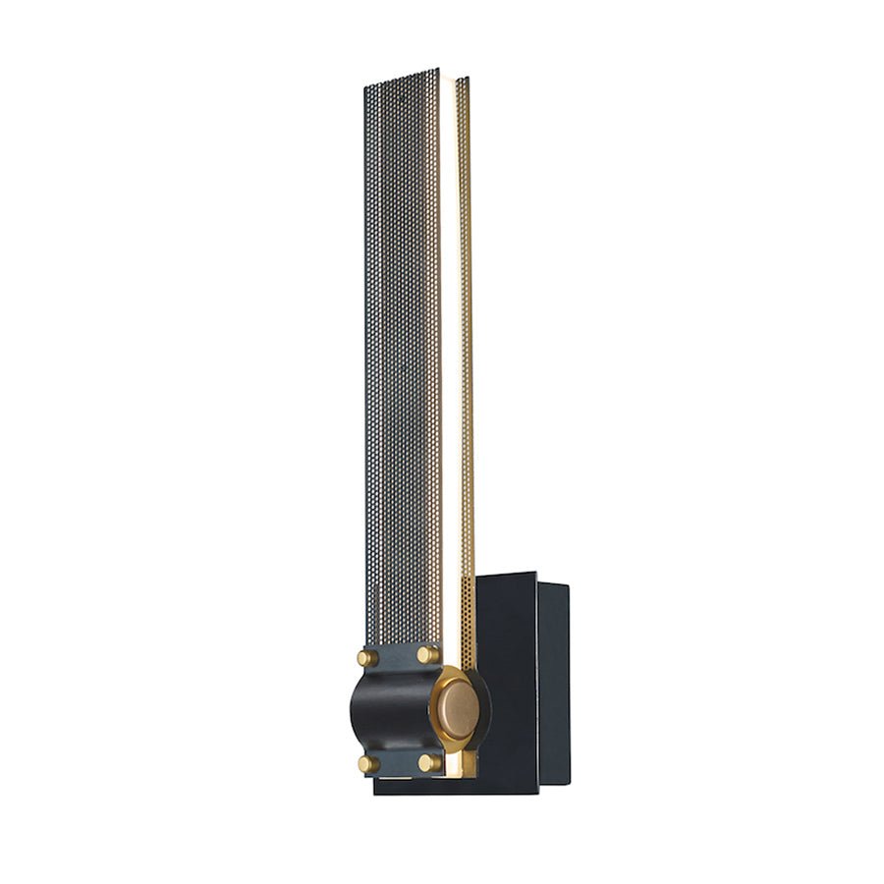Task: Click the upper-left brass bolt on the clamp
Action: click(x=367, y=657)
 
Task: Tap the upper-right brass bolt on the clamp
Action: click(x=427, y=654)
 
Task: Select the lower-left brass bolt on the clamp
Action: click(x=367, y=763)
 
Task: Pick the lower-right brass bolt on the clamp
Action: click(x=428, y=762)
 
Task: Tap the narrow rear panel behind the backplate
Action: click(x=553, y=678)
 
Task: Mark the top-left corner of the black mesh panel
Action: click(x=365, y=87)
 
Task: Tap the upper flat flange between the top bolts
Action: click(x=398, y=656)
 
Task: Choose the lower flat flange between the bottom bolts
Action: click(x=398, y=763)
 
